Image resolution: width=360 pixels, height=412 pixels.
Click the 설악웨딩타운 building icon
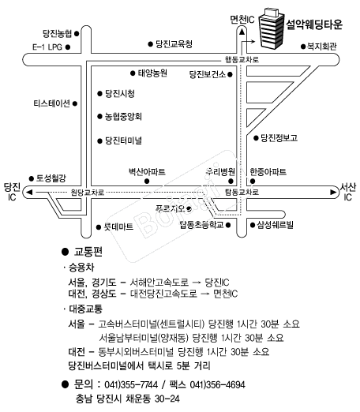click(x=272, y=28)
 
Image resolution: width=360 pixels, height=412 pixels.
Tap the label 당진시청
click(x=120, y=93)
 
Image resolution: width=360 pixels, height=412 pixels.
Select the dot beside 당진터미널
click(x=99, y=141)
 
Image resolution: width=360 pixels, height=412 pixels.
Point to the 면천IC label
click(x=242, y=20)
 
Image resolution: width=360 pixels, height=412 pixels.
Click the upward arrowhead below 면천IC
click(x=242, y=32)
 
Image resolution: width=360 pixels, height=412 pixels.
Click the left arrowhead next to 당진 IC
click(x=29, y=192)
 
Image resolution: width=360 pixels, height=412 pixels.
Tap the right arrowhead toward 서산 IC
click(x=333, y=192)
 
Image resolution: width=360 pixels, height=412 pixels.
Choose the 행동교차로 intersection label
click(x=242, y=59)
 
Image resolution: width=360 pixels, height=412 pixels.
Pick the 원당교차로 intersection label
click(x=88, y=193)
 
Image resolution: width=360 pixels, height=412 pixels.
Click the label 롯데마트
click(x=118, y=227)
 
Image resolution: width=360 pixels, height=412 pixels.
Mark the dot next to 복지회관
click(x=303, y=47)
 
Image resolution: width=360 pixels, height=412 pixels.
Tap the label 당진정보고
click(x=279, y=138)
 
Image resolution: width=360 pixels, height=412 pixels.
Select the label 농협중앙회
click(x=123, y=116)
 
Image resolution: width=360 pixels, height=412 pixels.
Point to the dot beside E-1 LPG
click(x=68, y=47)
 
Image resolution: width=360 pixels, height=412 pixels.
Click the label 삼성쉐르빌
click(x=275, y=225)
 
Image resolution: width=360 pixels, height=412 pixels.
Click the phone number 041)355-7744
click(x=131, y=384)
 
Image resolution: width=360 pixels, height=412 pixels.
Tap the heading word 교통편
click(x=88, y=252)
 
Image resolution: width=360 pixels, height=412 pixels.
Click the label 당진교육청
click(x=174, y=44)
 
